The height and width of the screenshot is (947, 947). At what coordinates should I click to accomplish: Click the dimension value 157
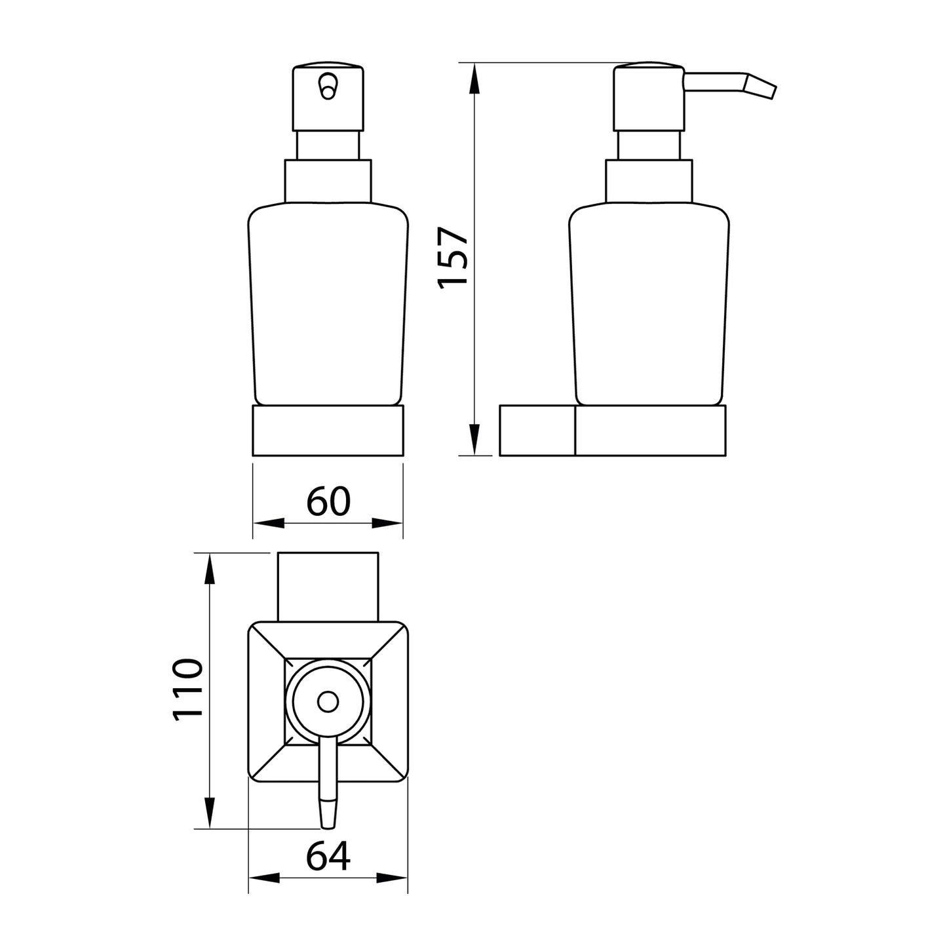coord(454,257)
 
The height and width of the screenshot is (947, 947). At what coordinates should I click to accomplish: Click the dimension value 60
coord(328,501)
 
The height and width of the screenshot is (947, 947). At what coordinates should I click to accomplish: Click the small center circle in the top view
coord(327,703)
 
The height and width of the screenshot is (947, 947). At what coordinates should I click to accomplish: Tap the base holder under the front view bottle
coord(328,430)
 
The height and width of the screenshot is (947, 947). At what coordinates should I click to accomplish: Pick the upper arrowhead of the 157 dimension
coord(475,79)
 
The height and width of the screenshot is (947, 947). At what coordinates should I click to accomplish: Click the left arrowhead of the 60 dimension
coord(269,523)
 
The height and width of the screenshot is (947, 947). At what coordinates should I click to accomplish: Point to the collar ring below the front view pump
coord(328,180)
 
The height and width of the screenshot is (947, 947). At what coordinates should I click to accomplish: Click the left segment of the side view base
coord(537,430)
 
